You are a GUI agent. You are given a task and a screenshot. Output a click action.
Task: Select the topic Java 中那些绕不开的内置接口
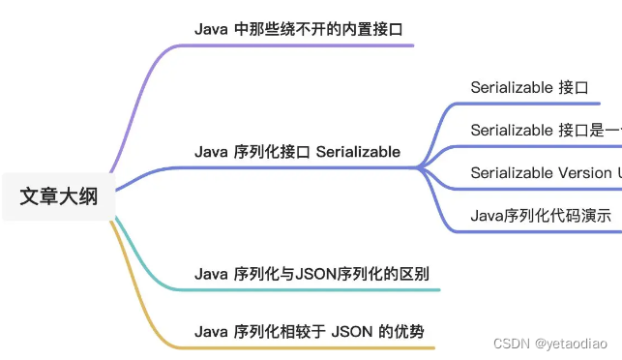[x=298, y=28]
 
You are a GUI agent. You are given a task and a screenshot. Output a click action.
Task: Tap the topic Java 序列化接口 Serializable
[x=298, y=152]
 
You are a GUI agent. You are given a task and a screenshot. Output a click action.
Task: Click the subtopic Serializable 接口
[x=529, y=87]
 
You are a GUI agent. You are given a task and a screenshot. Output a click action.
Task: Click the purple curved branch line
[x=135, y=106]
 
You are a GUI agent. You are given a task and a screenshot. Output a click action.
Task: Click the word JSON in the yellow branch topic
[x=351, y=332]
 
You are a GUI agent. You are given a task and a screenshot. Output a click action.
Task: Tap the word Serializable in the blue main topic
[x=358, y=152]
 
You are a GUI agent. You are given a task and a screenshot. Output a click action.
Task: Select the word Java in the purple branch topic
[x=211, y=28]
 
